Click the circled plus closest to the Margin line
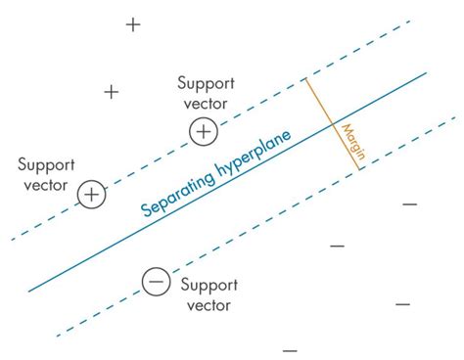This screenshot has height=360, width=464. pos(203,131)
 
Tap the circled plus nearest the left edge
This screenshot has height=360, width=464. pos(91,195)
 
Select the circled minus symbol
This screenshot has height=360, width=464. pos(155,282)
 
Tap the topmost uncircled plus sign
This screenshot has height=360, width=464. pos(133,25)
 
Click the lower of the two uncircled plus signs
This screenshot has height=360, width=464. pos(112,92)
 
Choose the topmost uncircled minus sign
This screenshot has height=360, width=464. pos(409,204)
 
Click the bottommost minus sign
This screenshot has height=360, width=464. pos(290,349)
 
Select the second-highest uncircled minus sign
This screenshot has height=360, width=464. pos(337,246)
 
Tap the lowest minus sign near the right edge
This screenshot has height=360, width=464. pos(402,304)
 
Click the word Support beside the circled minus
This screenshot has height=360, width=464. pos(206,285)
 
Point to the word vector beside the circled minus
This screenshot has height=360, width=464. pos(206,305)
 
